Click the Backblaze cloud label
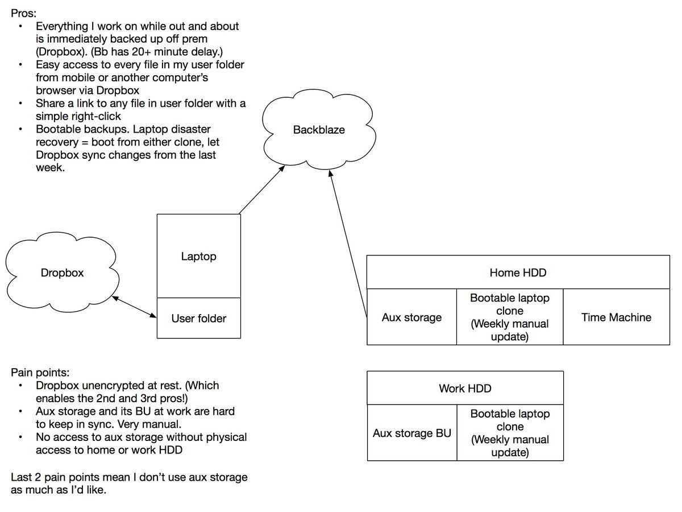[319, 130]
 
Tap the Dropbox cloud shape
[62, 273]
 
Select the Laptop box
[198, 257]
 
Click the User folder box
[198, 319]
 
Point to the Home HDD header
[518, 273]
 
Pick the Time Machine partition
[616, 317]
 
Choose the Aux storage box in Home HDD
[411, 317]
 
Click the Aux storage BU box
[411, 433]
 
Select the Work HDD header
[465, 389]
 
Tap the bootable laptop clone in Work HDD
[510, 433]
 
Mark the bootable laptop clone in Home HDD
[510, 317]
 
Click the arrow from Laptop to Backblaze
[262, 190]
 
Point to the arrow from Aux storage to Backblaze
[347, 245]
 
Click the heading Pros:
[23, 13]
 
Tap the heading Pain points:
[40, 373]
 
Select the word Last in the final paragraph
[22, 477]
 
